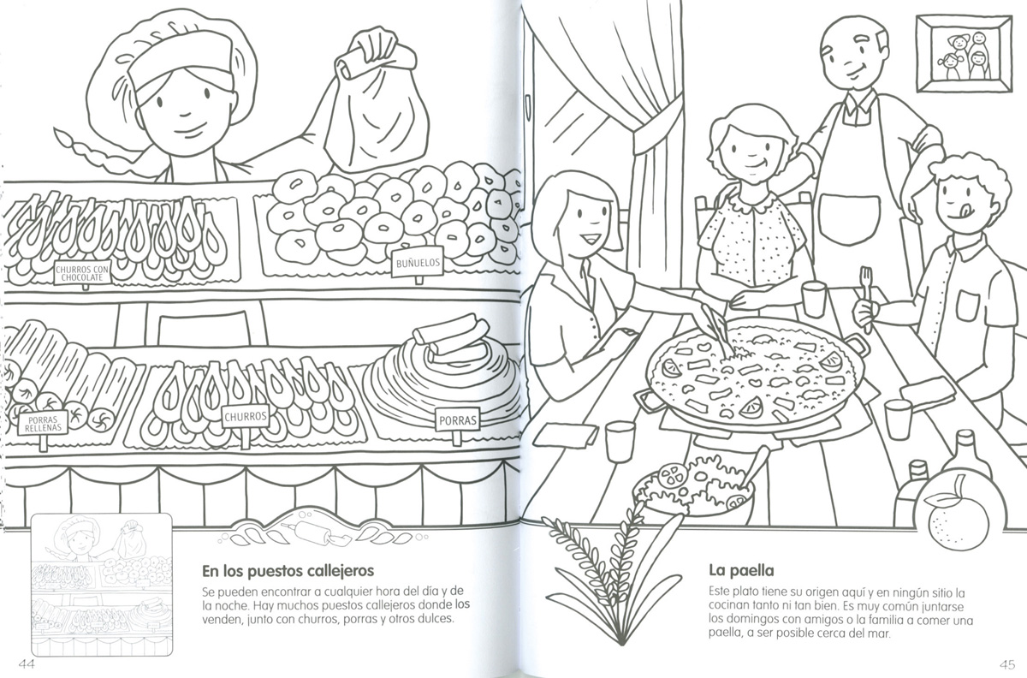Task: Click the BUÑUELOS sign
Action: coord(418,263)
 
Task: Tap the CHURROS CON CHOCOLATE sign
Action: coord(82,273)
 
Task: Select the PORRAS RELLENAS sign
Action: coord(43,423)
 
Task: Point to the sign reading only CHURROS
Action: coord(246,416)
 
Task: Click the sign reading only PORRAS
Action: coord(457,419)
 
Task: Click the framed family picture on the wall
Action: coord(964,59)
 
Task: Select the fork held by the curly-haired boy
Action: coord(865,298)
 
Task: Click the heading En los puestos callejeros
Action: coord(288,571)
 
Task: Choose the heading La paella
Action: coord(741,571)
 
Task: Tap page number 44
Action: coord(27,663)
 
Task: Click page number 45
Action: coord(1006,663)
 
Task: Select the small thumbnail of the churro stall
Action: coord(101,584)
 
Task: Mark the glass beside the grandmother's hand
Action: coord(814,299)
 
